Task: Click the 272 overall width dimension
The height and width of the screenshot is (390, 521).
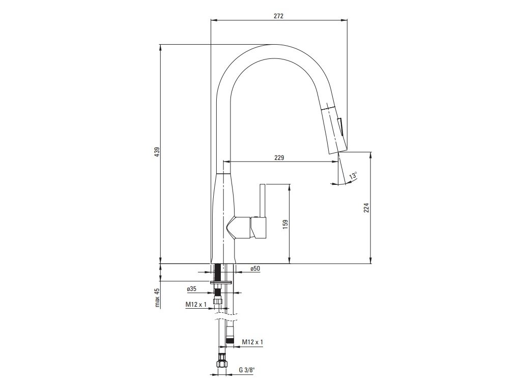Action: pos(279,16)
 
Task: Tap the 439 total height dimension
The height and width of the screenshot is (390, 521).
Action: pos(158,152)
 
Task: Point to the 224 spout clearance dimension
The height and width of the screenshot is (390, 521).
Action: pos(366,208)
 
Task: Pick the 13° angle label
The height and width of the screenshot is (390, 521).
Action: pos(353,175)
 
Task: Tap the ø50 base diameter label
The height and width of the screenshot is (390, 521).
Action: pos(255,269)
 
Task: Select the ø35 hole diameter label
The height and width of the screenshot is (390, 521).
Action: pos(192,289)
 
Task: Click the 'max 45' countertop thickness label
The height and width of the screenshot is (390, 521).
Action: pos(157,298)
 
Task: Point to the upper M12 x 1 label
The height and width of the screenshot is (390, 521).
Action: pos(196,304)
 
